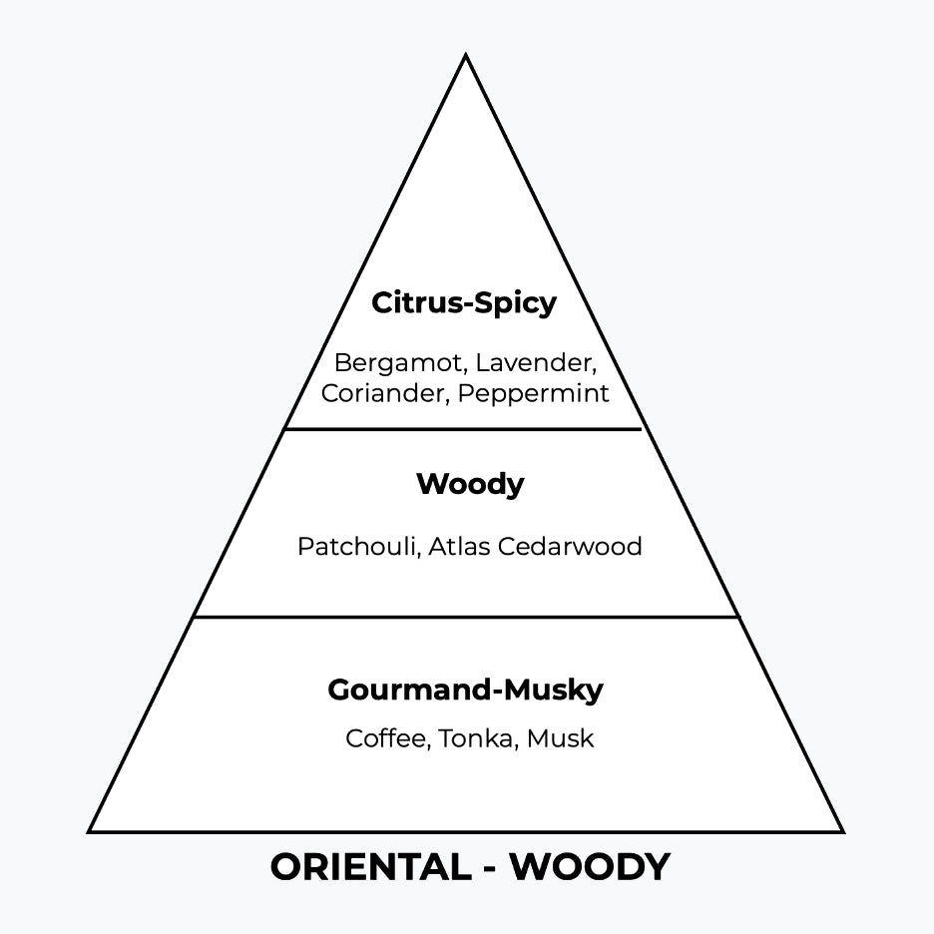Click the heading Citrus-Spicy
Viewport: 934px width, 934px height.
point(464,303)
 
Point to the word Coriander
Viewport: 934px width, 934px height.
point(384,393)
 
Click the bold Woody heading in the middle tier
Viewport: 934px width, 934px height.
point(470,485)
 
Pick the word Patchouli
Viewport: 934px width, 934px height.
point(357,547)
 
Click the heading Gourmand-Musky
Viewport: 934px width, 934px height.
point(465,691)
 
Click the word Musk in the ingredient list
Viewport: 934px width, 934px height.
point(560,739)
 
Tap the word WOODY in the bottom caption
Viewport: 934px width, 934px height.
point(590,867)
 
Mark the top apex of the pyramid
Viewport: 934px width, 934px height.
point(466,56)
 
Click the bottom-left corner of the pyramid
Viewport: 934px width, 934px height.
point(90,831)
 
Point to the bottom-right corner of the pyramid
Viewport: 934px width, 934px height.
point(843,831)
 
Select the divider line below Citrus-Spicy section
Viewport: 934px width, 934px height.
point(464,429)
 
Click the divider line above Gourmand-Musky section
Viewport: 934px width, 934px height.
point(466,617)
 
